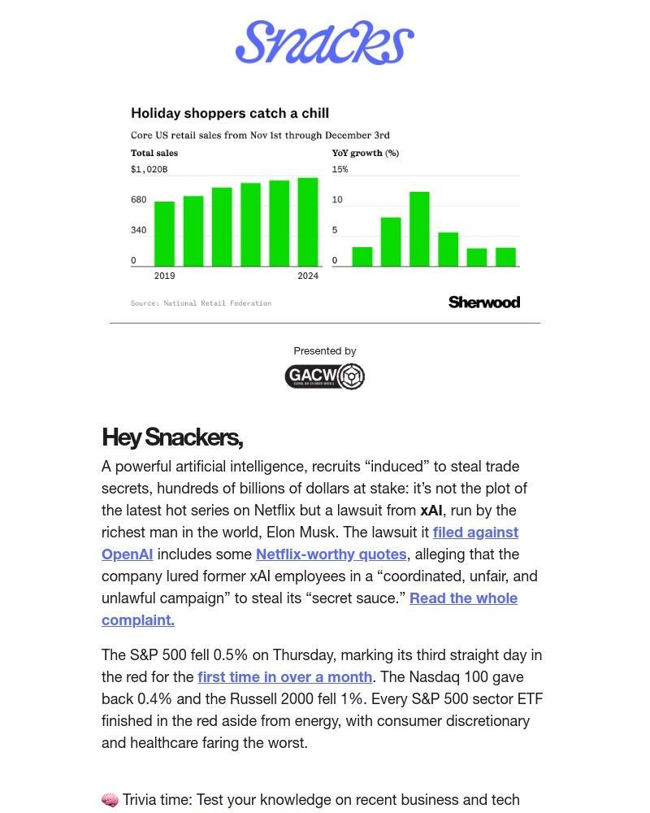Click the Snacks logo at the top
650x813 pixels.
click(324, 43)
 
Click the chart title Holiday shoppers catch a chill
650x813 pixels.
click(230, 114)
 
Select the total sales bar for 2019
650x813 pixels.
click(164, 233)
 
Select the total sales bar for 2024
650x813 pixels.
click(308, 222)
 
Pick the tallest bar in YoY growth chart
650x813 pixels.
click(419, 228)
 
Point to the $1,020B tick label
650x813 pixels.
click(149, 169)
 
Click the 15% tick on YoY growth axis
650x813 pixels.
click(340, 169)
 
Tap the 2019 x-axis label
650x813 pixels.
click(164, 276)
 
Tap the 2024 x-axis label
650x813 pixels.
click(308, 276)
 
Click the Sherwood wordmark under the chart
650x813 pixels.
click(483, 302)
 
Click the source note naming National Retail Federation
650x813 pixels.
click(201, 303)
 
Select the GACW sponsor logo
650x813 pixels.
click(324, 376)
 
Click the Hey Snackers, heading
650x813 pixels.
click(172, 437)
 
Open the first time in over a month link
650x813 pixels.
click(284, 677)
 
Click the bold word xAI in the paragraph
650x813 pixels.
click(431, 511)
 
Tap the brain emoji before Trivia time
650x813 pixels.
click(110, 801)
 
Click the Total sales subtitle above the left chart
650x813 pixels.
click(154, 153)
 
